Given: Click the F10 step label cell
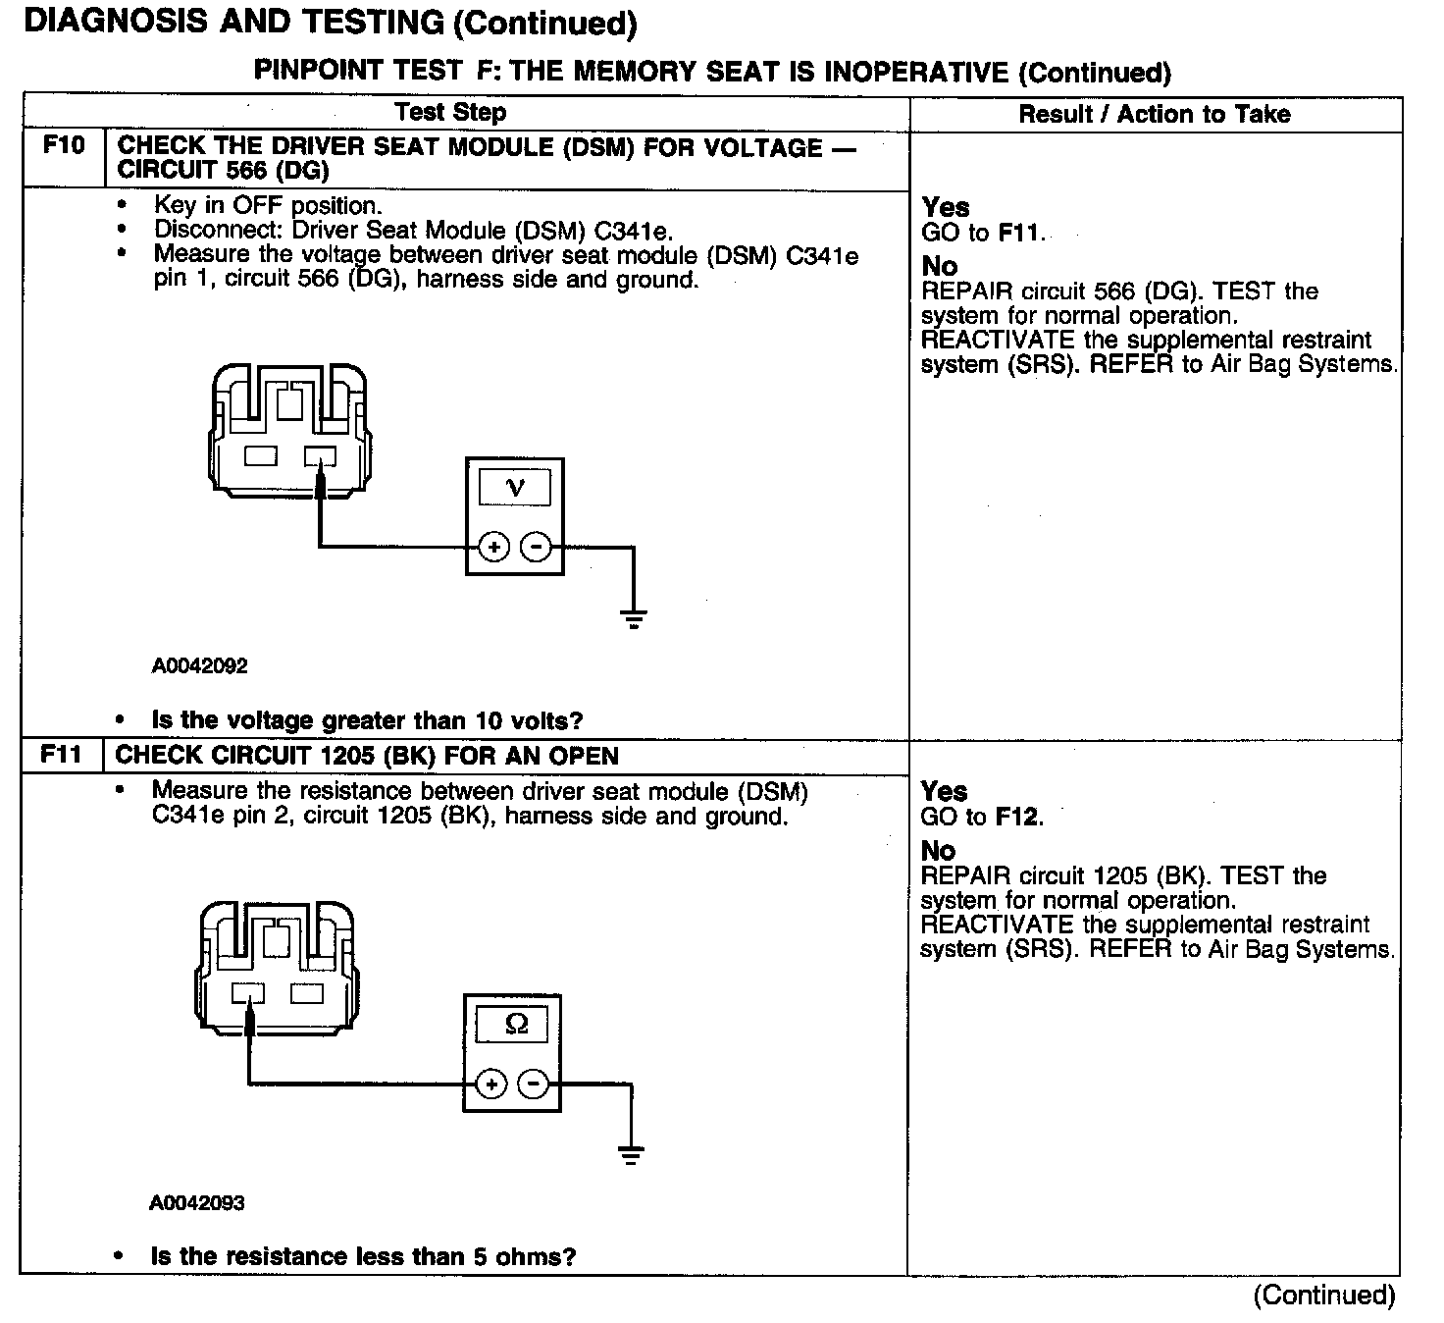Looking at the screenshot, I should tap(64, 147).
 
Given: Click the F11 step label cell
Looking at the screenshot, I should tap(62, 756).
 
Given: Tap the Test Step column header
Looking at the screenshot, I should tap(450, 112).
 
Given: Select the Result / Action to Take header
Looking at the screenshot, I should tap(1154, 114).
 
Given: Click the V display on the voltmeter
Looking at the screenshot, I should tap(514, 487).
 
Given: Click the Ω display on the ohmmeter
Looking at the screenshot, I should tap(511, 1025).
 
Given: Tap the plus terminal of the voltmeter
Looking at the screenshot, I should tap(493, 547).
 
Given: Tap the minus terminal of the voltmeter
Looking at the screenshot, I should tap(536, 547).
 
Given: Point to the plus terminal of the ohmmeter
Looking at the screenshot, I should tap(490, 1085).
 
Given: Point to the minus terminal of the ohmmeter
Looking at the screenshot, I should tap(533, 1085).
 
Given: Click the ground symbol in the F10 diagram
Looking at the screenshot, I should tap(634, 618).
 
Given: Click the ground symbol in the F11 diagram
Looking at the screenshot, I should tap(632, 1155).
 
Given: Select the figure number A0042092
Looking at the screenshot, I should tap(199, 665).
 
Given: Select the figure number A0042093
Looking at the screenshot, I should tap(197, 1202).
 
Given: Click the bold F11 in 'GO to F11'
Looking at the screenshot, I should tap(1020, 234).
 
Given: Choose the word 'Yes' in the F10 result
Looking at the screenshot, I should tap(946, 207).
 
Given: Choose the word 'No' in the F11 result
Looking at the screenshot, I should tap(939, 850).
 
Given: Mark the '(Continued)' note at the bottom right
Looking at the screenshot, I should tap(1323, 1295).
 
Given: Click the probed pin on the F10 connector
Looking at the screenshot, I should tap(320, 456).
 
